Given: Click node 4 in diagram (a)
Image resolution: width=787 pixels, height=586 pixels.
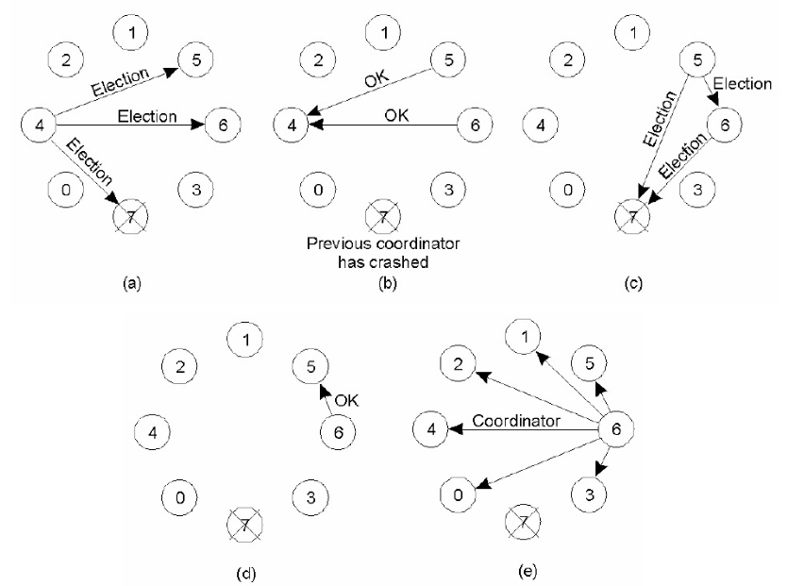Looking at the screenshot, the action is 39,125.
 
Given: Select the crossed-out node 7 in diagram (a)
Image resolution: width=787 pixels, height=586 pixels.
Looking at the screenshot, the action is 131,217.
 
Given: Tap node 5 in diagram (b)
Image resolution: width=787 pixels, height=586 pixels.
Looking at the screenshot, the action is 448,60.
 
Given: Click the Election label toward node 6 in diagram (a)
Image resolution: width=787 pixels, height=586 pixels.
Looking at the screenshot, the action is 147,116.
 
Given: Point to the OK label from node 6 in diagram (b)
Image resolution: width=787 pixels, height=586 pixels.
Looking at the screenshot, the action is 396,115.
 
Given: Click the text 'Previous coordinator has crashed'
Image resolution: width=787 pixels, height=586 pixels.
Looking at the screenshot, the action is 383,253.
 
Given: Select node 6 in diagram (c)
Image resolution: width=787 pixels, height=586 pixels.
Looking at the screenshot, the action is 725,125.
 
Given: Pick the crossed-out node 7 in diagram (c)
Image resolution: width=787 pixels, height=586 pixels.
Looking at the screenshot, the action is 632,217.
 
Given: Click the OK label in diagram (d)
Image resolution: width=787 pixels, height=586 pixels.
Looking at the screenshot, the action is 346,400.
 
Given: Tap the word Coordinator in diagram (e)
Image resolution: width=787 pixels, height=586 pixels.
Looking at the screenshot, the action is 516,421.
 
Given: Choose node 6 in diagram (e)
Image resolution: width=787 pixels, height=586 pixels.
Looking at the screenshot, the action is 616,429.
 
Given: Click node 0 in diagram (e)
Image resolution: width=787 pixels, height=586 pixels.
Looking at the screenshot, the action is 458,494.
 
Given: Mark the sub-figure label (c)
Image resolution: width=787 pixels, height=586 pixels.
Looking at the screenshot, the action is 633,283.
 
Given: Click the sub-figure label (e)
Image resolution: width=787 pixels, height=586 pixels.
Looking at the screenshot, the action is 527,571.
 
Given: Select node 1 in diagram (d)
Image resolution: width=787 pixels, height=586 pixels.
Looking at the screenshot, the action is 245,340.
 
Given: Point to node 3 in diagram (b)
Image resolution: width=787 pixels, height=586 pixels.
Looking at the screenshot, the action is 448,190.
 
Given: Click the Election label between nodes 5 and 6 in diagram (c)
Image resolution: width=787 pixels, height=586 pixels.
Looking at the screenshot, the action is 743,83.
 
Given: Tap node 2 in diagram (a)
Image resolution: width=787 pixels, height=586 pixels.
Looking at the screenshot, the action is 66,60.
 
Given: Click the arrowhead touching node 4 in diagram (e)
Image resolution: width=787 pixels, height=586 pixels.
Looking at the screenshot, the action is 455,429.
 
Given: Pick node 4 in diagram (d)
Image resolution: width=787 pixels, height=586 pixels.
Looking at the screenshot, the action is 153,432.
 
